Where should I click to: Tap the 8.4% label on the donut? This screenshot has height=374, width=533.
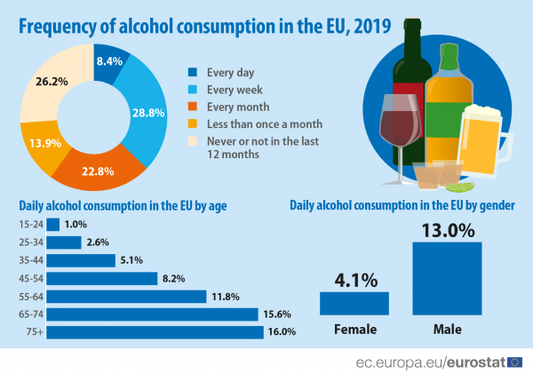tap(109, 61)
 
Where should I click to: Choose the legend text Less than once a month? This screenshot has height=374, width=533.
tap(265, 123)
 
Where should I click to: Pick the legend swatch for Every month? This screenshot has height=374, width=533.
tap(192, 107)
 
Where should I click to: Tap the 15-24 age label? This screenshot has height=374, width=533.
tap(31, 225)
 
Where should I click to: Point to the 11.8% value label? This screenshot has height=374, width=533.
tap(226, 296)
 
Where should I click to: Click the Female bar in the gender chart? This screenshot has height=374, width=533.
tap(354, 303)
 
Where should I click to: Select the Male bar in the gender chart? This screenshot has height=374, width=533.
tap(447, 278)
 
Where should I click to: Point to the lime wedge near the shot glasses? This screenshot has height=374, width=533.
tap(459, 187)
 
